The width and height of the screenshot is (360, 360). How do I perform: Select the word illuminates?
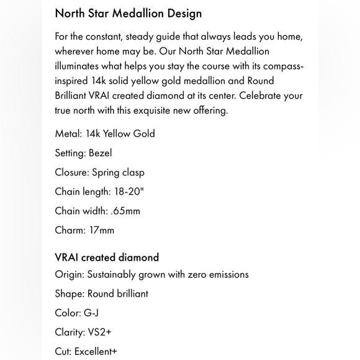point(80,66)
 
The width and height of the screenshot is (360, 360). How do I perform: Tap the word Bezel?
point(101,153)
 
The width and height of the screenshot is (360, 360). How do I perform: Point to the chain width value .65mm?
point(127,210)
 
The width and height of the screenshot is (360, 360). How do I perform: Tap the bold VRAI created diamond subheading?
point(107,257)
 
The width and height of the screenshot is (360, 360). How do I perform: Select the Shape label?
point(70,294)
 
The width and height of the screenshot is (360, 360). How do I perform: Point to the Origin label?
point(70,274)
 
